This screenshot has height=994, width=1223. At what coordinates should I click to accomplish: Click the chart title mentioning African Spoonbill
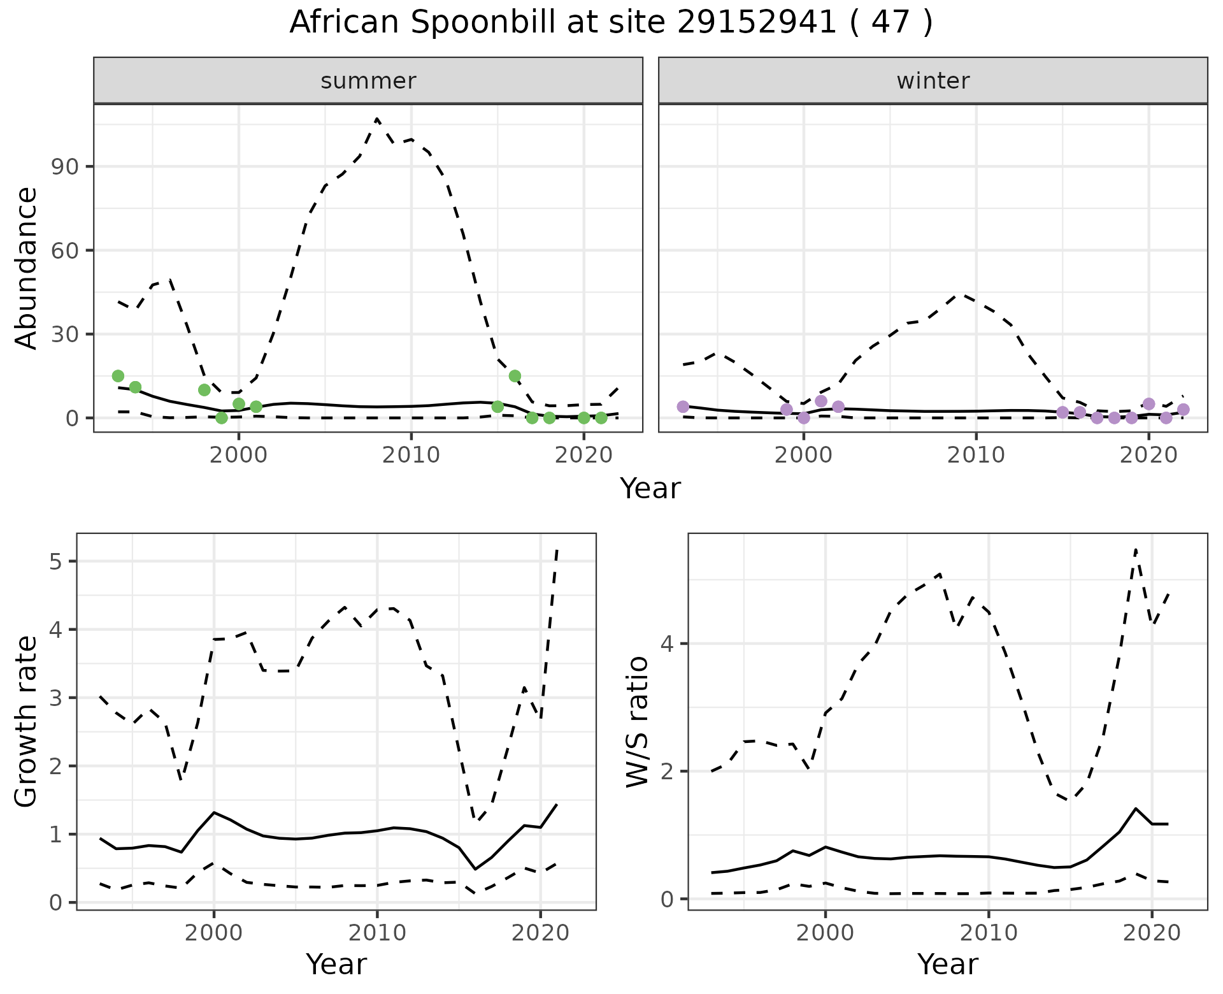[x=611, y=23]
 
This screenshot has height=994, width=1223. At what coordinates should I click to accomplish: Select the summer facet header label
[x=368, y=81]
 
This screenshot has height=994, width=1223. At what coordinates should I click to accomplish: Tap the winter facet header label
[x=933, y=81]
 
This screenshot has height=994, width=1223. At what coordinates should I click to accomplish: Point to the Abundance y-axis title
[x=27, y=268]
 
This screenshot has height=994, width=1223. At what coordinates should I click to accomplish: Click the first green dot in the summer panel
[x=118, y=376]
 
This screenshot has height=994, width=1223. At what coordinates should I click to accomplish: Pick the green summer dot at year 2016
[x=515, y=376]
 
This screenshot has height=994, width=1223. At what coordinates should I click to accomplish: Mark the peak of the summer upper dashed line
[x=377, y=119]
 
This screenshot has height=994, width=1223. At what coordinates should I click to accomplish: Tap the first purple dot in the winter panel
[x=683, y=407]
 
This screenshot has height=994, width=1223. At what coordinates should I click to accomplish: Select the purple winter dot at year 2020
[x=1148, y=404]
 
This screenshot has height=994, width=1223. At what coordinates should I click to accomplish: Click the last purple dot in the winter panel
[x=1183, y=410]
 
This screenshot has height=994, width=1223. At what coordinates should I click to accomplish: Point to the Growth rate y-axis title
[x=27, y=721]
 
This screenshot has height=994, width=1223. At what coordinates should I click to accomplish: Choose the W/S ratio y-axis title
[x=638, y=721]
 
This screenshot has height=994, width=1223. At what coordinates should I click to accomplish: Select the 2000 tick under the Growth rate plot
[x=214, y=933]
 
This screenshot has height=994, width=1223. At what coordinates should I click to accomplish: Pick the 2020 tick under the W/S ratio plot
[x=1151, y=933]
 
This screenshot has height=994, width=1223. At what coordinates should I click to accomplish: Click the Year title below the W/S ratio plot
[x=947, y=965]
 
